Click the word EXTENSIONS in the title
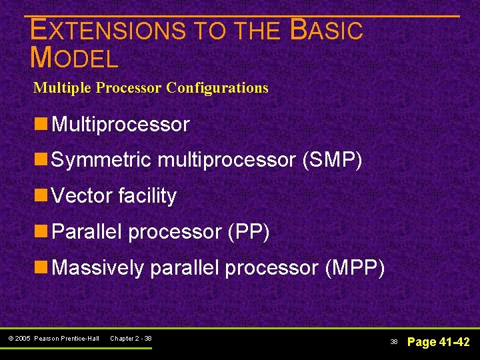[108, 31]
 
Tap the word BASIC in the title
[327, 31]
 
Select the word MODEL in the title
[75, 59]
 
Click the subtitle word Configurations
[217, 88]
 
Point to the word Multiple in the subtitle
[63, 88]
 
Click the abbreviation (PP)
[248, 232]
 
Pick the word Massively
[97, 268]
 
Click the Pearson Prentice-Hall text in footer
[66, 339]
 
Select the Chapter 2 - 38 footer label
[131, 339]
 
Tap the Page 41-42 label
[438, 342]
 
